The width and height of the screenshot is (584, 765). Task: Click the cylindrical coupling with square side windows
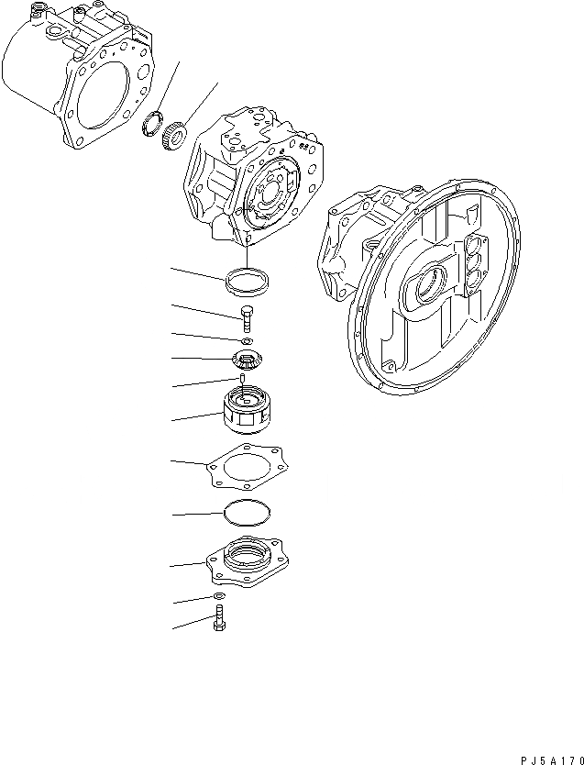(247, 409)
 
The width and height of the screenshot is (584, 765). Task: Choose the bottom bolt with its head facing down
(220, 622)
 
